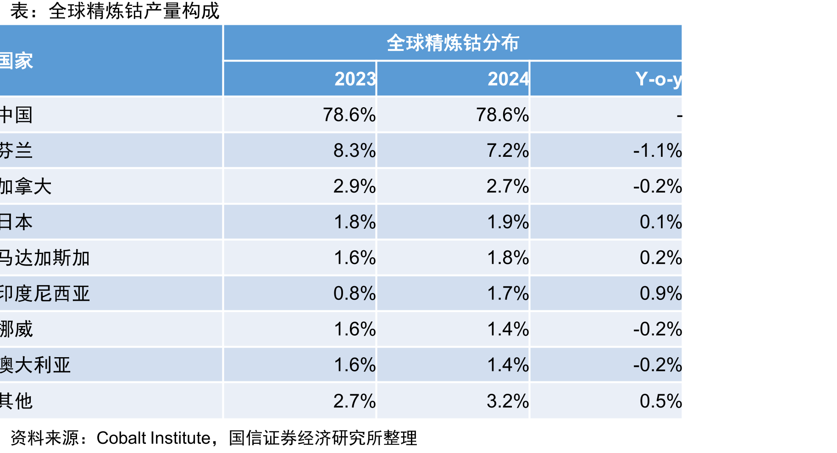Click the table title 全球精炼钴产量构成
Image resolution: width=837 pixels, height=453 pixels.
(134, 11)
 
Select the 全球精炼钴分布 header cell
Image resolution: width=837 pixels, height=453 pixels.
(453, 43)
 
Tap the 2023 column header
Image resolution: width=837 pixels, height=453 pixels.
(355, 79)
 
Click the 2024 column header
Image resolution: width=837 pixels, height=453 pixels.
(509, 79)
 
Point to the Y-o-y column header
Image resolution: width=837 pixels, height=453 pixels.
(659, 79)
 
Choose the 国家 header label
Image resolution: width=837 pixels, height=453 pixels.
(17, 61)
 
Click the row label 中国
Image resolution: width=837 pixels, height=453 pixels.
(17, 115)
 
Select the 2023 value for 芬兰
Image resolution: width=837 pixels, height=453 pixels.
(355, 150)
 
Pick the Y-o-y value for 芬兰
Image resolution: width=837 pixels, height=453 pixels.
(657, 150)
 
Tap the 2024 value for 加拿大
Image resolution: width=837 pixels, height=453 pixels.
(508, 186)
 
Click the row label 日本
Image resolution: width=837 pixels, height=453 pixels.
(17, 222)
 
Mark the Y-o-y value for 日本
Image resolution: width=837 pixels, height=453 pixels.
(660, 222)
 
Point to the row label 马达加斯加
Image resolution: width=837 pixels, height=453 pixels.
(45, 258)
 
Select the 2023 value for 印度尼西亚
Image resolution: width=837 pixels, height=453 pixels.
(355, 293)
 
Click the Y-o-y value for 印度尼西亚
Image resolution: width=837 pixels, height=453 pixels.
(660, 293)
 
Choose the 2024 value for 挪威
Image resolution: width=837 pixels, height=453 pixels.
(508, 329)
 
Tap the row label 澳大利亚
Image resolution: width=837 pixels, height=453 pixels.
(35, 365)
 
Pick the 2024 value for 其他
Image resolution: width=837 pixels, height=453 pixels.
(508, 401)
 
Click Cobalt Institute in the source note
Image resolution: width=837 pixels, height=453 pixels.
(153, 438)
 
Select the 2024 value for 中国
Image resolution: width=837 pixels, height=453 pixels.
(503, 115)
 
